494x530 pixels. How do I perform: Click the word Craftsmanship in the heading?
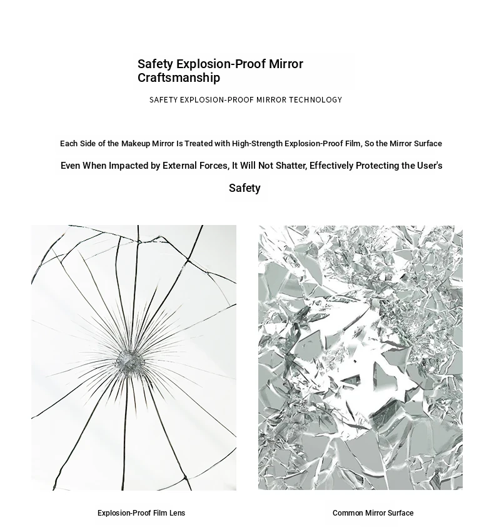coord(179,78)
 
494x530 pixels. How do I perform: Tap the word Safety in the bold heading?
coord(155,64)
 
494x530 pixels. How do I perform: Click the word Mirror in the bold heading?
coord(286,64)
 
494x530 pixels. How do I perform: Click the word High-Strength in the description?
coord(257,144)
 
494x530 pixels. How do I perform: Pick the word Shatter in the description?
coord(290,166)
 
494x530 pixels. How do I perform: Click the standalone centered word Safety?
coord(244,188)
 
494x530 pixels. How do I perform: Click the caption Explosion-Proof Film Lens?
coord(141,513)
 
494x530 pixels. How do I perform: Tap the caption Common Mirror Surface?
coord(373,513)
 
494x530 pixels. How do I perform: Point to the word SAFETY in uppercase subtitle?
coord(163,100)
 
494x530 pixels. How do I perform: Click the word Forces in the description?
coord(213,166)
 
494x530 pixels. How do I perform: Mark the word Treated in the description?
coord(198,144)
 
